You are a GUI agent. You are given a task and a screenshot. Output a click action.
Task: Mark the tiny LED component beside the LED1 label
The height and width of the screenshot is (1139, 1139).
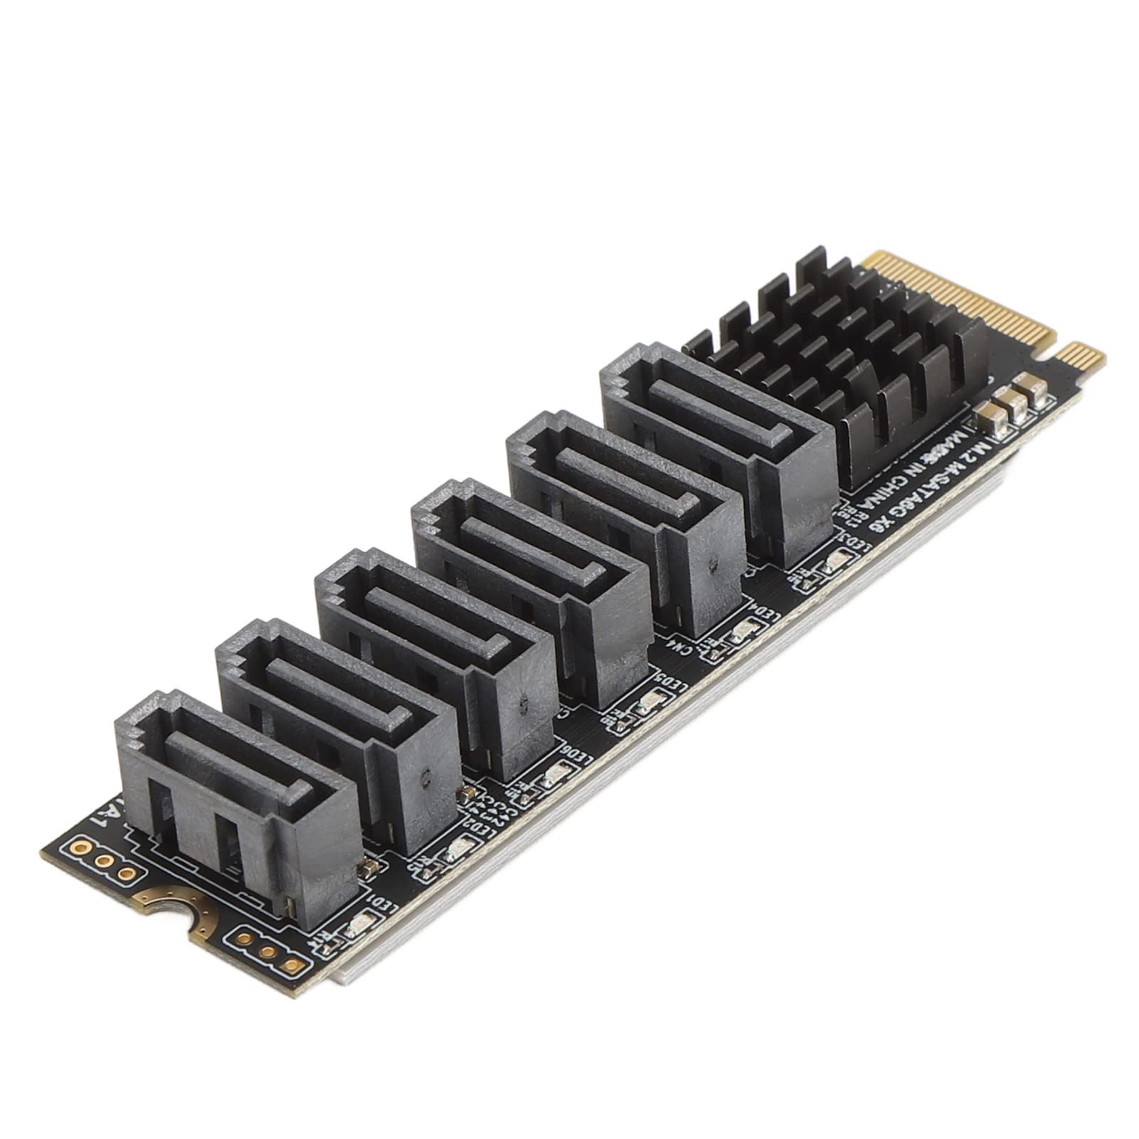(354, 928)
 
